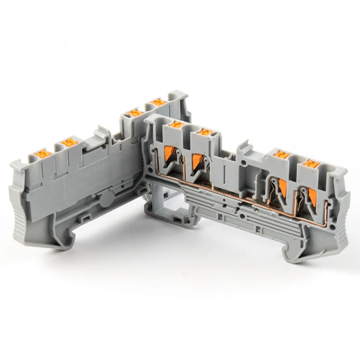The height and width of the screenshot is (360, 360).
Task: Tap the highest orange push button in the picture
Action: tap(157, 102)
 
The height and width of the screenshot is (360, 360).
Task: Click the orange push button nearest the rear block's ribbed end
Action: tap(43, 153)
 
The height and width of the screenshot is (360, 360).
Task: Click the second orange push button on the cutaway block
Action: tap(205, 132)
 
